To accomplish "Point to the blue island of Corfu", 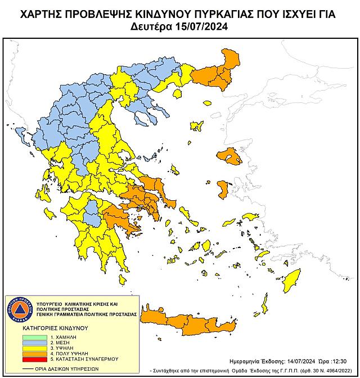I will tap(21, 134).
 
